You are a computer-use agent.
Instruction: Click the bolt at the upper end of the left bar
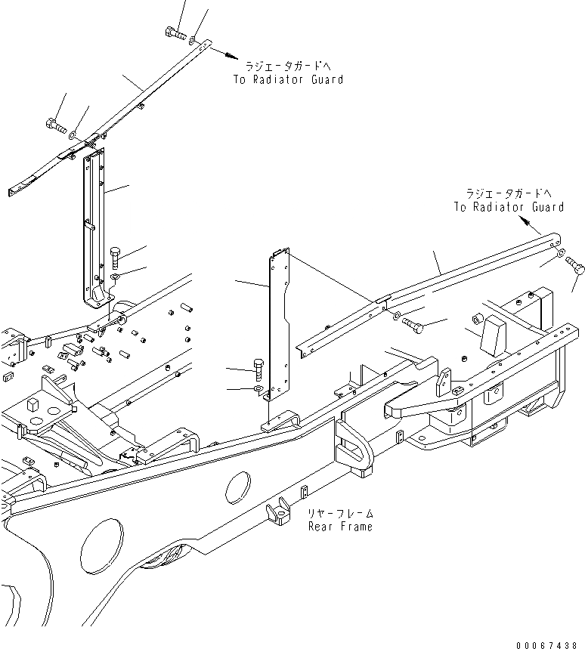pyautogui.click(x=173, y=33)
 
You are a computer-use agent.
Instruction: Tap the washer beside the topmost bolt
pyautogui.click(x=193, y=39)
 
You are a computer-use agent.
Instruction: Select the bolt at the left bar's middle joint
pyautogui.click(x=55, y=125)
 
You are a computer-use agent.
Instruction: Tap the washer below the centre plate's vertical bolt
pyautogui.click(x=258, y=389)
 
